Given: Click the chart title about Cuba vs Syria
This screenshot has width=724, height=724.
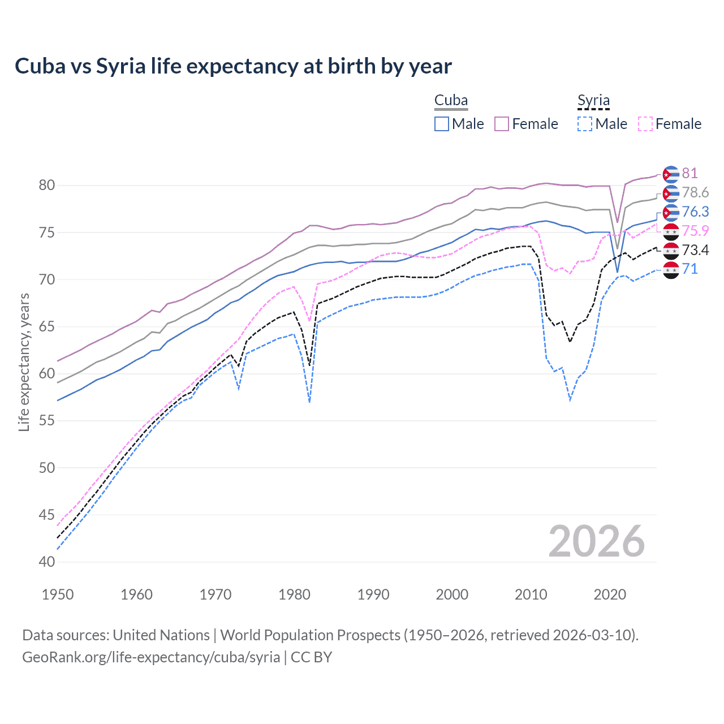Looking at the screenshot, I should coord(233,66).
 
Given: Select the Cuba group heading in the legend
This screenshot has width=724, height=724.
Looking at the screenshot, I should coord(451,100).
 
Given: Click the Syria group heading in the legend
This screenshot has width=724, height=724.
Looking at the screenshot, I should coord(593,101).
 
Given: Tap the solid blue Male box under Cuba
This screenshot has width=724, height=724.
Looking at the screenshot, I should coord(442,124).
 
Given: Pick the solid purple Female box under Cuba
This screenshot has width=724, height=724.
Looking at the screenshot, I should coord(502,124).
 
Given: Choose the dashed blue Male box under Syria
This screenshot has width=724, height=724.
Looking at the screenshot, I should coord(585,124).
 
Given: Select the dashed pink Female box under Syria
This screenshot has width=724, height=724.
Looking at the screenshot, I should coord(645,124).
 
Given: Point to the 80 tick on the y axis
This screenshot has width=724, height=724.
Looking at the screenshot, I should coord(47,186).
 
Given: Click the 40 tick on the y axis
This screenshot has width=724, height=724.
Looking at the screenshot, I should coord(47,562).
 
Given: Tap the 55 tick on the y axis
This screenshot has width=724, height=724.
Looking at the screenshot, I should coord(47,421).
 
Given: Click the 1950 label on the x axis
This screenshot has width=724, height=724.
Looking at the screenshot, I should coord(58,594).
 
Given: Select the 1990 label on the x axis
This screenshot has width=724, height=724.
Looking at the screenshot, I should coord(373,594).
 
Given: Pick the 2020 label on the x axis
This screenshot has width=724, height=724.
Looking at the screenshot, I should coord(610,594).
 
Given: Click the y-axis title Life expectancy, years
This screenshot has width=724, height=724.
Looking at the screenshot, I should coord(24,362).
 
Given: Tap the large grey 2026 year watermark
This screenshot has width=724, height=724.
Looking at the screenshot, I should coord(597,541).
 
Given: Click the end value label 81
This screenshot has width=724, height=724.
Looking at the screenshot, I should coord(689,173).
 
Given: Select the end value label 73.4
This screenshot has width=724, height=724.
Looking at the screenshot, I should coord(695,250).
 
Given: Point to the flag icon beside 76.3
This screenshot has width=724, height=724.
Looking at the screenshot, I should coord(670,212).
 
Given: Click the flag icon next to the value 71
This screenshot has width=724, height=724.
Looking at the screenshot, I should coord(670,270).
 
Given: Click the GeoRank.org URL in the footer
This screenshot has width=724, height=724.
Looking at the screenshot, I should coord(151,657).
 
